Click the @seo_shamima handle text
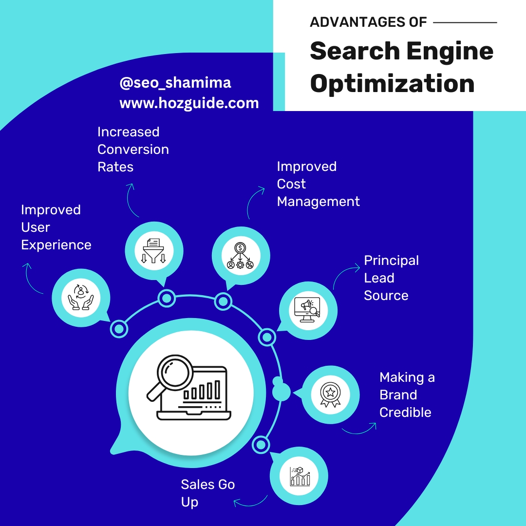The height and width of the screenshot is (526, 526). pyautogui.click(x=175, y=83)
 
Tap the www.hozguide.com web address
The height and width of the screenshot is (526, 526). pyautogui.click(x=189, y=103)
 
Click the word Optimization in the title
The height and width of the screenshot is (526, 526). pyautogui.click(x=392, y=83)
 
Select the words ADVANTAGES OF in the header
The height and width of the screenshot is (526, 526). pyautogui.click(x=368, y=22)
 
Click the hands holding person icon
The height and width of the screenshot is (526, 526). pyautogui.click(x=80, y=297)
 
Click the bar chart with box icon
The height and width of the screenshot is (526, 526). pyautogui.click(x=299, y=475)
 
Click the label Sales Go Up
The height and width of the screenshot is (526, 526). pyautogui.click(x=207, y=493)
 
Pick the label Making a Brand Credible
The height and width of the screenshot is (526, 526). pyautogui.click(x=407, y=394)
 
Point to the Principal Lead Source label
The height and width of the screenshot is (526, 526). pyautogui.click(x=391, y=278)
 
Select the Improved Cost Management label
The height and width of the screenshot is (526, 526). pyautogui.click(x=318, y=184)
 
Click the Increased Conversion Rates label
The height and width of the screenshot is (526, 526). pyautogui.click(x=133, y=149)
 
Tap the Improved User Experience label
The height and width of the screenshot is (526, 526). pyautogui.click(x=56, y=227)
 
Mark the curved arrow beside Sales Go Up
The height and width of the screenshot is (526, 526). pyautogui.click(x=250, y=502)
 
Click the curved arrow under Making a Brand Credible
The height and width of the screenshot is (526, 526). pyautogui.click(x=359, y=428)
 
